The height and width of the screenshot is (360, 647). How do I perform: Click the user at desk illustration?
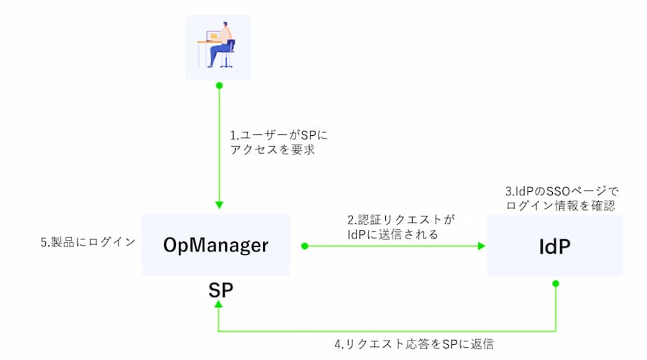[x=218, y=47]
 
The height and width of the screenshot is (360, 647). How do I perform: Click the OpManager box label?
[x=216, y=246]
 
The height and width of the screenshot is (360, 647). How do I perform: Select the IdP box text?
[x=554, y=246]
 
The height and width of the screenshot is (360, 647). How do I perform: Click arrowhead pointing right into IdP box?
[x=481, y=246]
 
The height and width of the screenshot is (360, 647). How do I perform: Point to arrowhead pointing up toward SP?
[x=219, y=305]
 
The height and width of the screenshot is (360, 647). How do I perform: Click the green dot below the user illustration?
[x=219, y=86]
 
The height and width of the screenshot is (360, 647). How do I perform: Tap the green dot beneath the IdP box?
[x=556, y=283]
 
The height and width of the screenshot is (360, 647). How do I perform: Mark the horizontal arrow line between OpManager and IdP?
[x=392, y=246]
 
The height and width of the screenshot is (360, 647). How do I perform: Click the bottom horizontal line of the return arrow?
[x=388, y=331]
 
